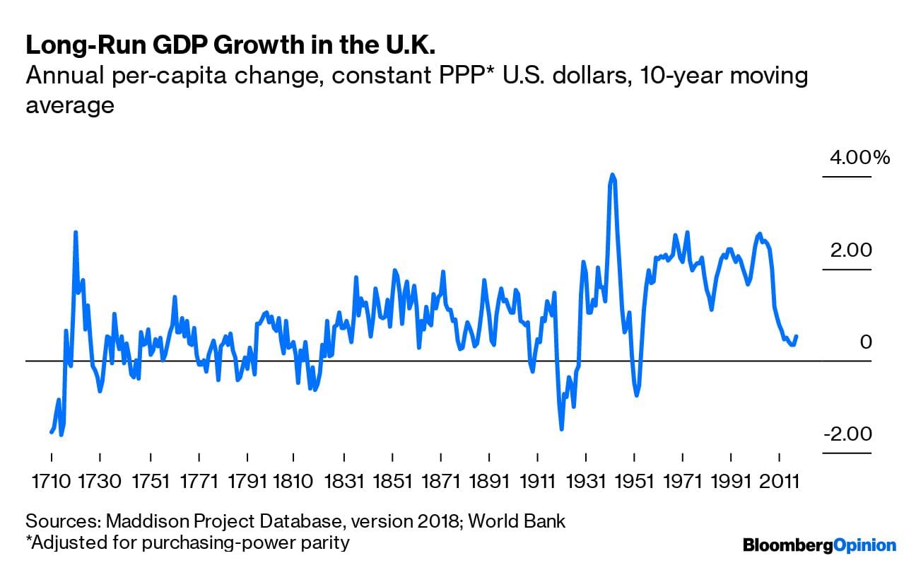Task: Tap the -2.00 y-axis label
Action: tap(847, 434)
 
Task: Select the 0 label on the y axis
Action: tap(866, 342)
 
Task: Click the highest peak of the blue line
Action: tap(612, 175)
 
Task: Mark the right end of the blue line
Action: tap(797, 337)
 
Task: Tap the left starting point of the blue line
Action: tap(51, 431)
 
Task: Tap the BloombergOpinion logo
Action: tap(819, 545)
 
